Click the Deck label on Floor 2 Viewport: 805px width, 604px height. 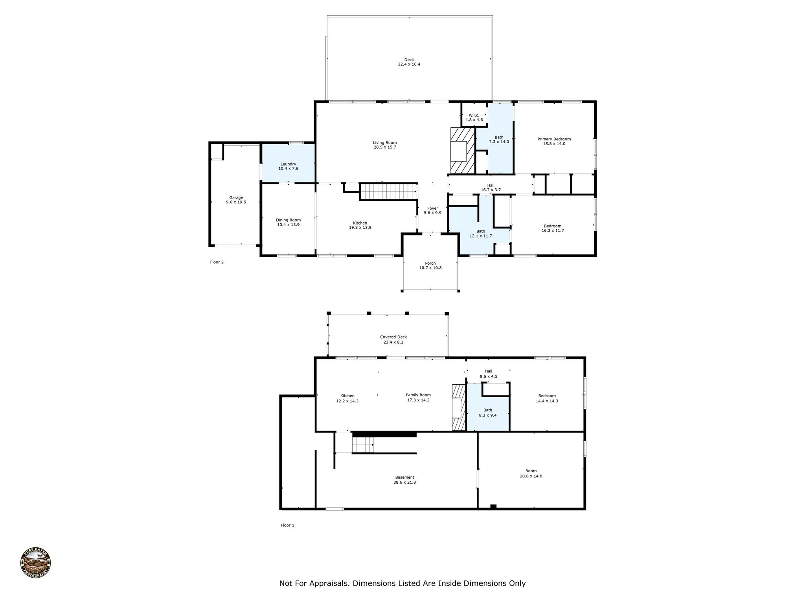tap(409, 60)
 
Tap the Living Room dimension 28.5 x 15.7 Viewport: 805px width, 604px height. tap(385, 147)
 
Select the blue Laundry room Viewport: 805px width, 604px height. tap(288, 163)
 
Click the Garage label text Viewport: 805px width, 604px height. tap(236, 198)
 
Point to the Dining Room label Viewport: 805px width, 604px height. tap(288, 220)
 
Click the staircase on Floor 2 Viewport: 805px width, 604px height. tap(388, 192)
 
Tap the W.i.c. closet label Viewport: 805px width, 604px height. tap(474, 115)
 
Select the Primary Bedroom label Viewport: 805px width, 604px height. tap(554, 139)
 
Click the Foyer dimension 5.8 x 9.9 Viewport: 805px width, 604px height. tap(432, 213)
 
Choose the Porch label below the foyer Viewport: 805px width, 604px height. tap(430, 263)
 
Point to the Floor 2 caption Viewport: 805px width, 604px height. tap(217, 262)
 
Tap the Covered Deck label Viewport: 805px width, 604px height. tap(393, 337)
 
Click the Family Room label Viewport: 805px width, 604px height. tap(418, 395)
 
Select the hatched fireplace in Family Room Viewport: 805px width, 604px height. tap(458, 407)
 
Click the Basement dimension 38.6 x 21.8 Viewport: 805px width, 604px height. tap(404, 482)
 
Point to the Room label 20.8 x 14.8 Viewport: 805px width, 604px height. tap(531, 471)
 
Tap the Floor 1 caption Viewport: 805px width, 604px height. tap(287, 525)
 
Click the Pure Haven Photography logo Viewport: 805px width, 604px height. tap(35, 563)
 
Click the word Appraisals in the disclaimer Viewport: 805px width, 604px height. tap(329, 584)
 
